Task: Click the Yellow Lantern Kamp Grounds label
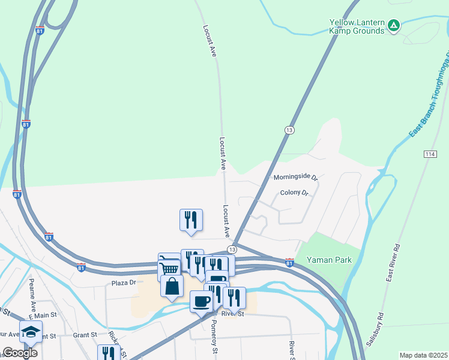(x=357, y=26)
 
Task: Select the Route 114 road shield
(x=429, y=154)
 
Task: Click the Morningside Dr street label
(x=295, y=178)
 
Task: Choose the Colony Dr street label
(x=294, y=193)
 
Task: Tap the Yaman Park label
(x=328, y=260)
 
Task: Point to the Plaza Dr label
(x=124, y=282)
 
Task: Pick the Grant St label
(x=85, y=335)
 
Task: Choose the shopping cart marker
(x=170, y=268)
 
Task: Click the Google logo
(x=20, y=353)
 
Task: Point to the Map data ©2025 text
(x=423, y=355)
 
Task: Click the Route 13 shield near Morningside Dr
(x=290, y=130)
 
